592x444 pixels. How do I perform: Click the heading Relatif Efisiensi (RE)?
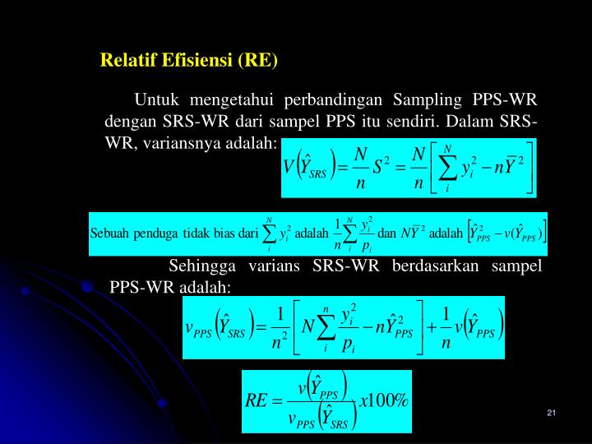(189, 61)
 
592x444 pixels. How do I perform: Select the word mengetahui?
(231, 102)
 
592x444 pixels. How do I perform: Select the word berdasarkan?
(435, 266)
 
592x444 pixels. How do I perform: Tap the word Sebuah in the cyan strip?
(109, 233)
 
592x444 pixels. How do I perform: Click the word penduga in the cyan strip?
(153, 233)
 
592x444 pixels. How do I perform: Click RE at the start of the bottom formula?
(258, 400)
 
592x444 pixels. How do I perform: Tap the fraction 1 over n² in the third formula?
(280, 327)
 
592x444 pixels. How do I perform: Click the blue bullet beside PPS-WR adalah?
(88, 287)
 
